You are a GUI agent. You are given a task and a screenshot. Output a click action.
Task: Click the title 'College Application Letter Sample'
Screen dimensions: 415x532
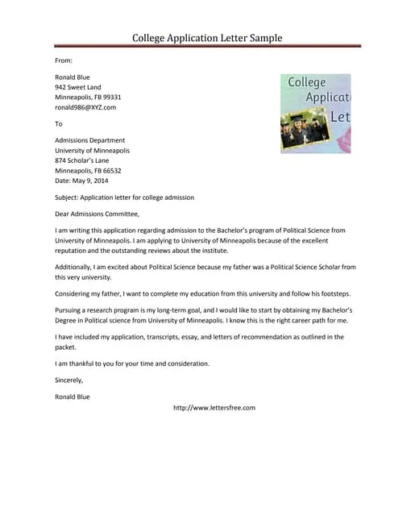pyautogui.click(x=207, y=38)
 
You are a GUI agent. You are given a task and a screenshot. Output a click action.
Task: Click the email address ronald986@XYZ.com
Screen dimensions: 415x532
pyautogui.click(x=85, y=107)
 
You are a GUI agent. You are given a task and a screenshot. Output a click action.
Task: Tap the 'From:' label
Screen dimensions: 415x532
pyautogui.click(x=64, y=60)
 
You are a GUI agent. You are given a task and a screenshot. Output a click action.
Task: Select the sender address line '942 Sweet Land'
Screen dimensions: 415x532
pyautogui.click(x=78, y=87)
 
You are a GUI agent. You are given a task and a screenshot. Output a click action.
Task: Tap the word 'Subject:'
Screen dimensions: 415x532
pyautogui.click(x=68, y=197)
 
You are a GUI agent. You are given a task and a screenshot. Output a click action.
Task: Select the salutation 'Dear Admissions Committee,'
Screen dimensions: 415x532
pyautogui.click(x=97, y=214)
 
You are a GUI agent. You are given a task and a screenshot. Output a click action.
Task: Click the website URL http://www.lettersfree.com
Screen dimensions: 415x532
pyautogui.click(x=214, y=408)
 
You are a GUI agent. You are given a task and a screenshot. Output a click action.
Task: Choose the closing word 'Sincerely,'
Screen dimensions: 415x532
pyautogui.click(x=69, y=380)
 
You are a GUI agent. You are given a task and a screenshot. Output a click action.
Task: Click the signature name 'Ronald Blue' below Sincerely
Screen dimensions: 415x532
pyautogui.click(x=73, y=397)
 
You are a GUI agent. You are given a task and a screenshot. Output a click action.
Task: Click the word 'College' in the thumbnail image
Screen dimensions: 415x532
pyautogui.click(x=306, y=82)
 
